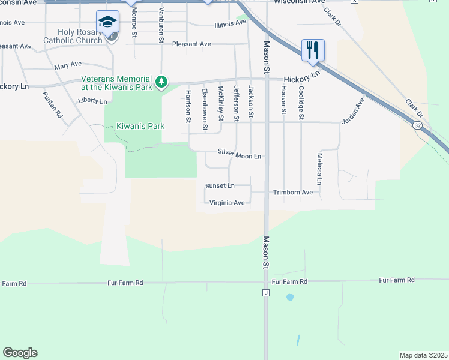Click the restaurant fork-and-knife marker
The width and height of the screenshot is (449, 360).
[312, 50]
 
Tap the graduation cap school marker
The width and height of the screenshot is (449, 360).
[107, 22]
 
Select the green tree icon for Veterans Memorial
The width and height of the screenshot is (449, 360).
[161, 82]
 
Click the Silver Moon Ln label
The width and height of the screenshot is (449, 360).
[240, 156]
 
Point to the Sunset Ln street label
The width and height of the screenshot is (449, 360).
[220, 186]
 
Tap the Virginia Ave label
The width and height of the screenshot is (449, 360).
[227, 203]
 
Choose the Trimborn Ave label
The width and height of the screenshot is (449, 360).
[293, 193]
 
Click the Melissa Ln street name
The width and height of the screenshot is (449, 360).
[320, 169]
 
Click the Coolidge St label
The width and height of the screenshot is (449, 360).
[301, 102]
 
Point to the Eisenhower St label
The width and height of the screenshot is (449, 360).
[205, 109]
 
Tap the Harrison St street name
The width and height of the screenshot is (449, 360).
[188, 107]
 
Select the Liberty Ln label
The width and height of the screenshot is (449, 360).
[92, 101]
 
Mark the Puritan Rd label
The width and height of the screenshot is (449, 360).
[52, 104]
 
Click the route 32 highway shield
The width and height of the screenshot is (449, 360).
[416, 125]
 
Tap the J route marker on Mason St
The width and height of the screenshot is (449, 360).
[265, 293]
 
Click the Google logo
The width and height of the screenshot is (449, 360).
[20, 353]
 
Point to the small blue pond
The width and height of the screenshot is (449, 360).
[290, 297]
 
